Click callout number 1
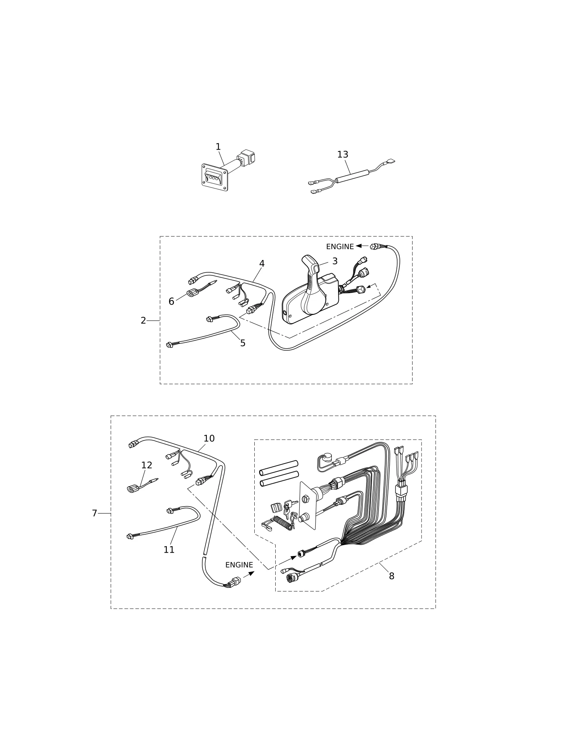click(x=218, y=147)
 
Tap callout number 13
click(x=343, y=155)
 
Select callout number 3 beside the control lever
click(x=335, y=261)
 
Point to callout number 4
click(x=262, y=264)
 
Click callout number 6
click(x=171, y=302)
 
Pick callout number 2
click(x=143, y=321)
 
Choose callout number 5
click(x=243, y=343)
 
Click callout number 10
click(x=209, y=438)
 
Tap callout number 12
click(x=147, y=465)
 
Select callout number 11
click(x=169, y=550)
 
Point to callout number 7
click(x=95, y=513)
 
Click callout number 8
click(x=392, y=576)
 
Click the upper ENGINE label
click(x=340, y=247)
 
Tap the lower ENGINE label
click(x=239, y=565)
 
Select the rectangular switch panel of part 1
click(x=215, y=177)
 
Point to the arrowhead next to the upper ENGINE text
click(x=359, y=246)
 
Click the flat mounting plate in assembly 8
click(x=308, y=505)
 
